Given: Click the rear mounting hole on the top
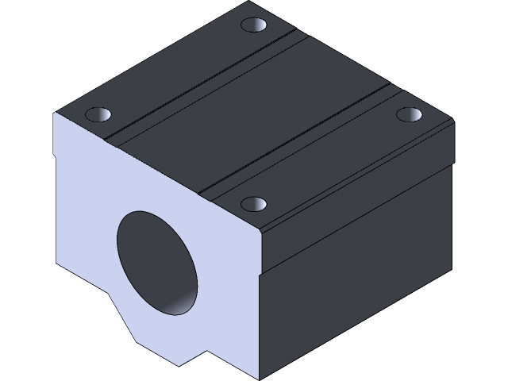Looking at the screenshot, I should pos(254,26).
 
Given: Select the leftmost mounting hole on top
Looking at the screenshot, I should pos(98,114).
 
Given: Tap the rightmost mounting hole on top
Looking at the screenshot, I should pos(409,114).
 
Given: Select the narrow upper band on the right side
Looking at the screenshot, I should pos(357,198).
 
